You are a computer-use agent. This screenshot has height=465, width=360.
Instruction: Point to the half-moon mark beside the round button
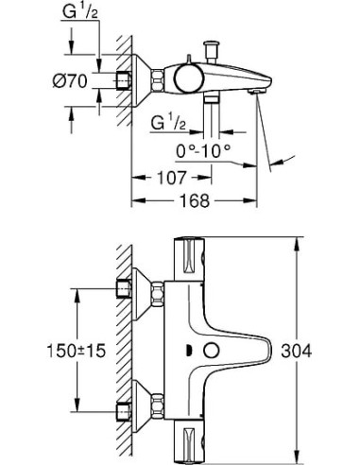coord(192,352)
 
